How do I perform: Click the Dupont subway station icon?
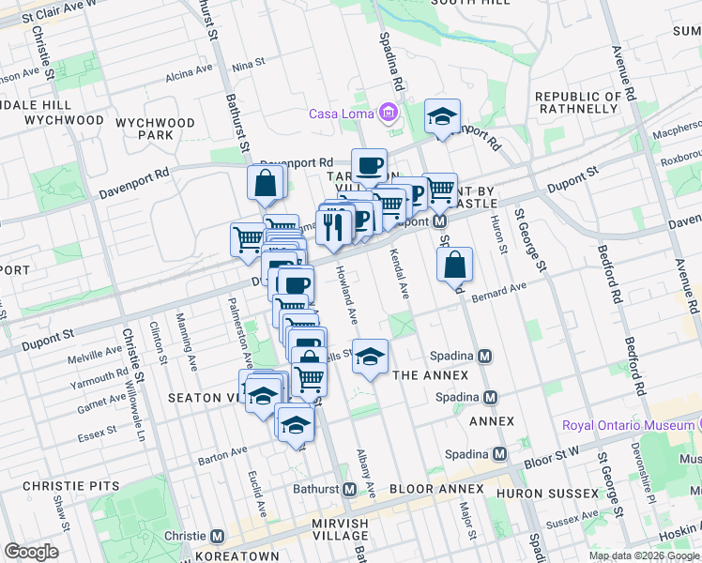pyautogui.click(x=438, y=222)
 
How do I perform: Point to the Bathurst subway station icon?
pyautogui.click(x=350, y=489)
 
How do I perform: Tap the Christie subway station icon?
pyautogui.click(x=218, y=536)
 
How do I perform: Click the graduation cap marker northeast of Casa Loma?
pyautogui.click(x=442, y=116)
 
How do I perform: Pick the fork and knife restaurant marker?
pyautogui.click(x=333, y=225)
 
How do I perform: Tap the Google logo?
pyautogui.click(x=31, y=552)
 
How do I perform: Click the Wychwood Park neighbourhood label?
pyautogui.click(x=155, y=129)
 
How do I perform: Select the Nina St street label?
pyautogui.click(x=249, y=65)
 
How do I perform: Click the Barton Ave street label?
pyautogui.click(x=221, y=460)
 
